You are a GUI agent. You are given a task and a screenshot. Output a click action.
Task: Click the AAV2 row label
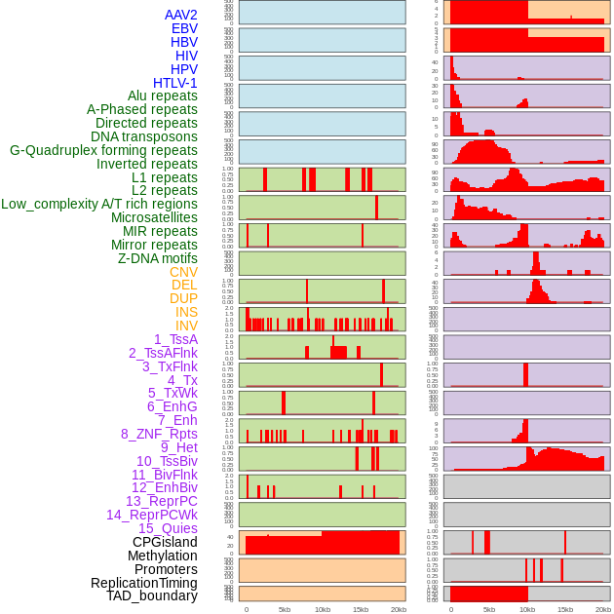coord(181,15)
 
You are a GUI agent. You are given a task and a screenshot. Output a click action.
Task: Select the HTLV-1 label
coord(175,83)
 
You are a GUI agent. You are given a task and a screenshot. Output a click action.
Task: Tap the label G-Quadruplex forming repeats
coord(103,150)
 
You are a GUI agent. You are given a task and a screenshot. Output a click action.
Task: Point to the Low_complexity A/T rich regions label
coord(99,204)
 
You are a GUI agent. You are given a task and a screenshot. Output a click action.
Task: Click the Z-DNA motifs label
coord(158,258)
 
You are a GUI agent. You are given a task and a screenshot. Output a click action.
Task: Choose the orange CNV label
coord(183,272)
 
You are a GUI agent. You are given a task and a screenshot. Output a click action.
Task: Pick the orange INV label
coord(186,326)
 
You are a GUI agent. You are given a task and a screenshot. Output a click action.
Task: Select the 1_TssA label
coord(175,339)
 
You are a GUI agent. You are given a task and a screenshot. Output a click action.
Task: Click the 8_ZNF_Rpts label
coord(159,434)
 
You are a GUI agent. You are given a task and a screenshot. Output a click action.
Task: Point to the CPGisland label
coord(165,542)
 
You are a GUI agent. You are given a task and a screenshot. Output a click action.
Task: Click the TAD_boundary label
coord(152,595)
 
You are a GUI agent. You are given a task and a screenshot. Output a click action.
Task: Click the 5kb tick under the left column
coord(285,609)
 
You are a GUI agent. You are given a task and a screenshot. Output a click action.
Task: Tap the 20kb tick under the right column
coord(603,609)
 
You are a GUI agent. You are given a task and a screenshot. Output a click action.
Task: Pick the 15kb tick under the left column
coord(360,609)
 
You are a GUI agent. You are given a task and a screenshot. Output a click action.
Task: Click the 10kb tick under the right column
coord(527,609)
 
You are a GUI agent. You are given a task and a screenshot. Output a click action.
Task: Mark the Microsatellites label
coord(154,217)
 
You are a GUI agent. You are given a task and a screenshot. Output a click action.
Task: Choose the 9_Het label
coord(179,447)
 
